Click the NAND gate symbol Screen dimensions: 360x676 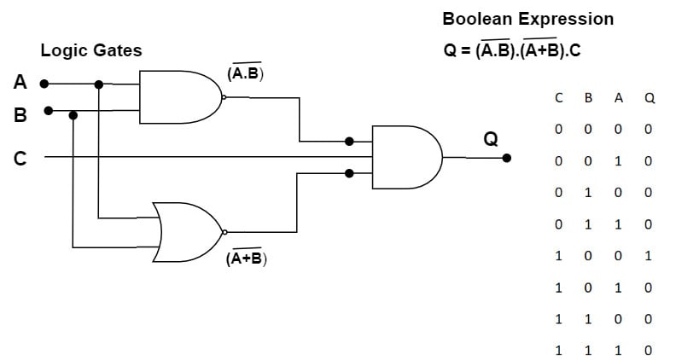point(179,97)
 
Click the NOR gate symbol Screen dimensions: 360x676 point(189,232)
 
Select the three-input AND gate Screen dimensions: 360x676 point(406,157)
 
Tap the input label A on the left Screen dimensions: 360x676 point(20,83)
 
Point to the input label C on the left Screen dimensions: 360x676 point(20,157)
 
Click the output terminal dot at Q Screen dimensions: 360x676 point(507,158)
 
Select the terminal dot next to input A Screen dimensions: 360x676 point(44,84)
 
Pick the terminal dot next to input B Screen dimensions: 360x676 point(48,110)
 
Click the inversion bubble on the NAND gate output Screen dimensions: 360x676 point(224,97)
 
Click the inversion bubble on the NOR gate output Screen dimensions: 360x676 point(224,232)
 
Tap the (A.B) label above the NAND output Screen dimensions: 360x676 point(246,74)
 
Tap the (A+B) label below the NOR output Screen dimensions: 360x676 point(246,258)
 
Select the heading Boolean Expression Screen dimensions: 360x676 point(527,19)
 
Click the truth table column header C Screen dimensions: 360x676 point(558,98)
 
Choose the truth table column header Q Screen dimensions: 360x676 point(650,98)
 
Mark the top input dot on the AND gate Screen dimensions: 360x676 point(349,141)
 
